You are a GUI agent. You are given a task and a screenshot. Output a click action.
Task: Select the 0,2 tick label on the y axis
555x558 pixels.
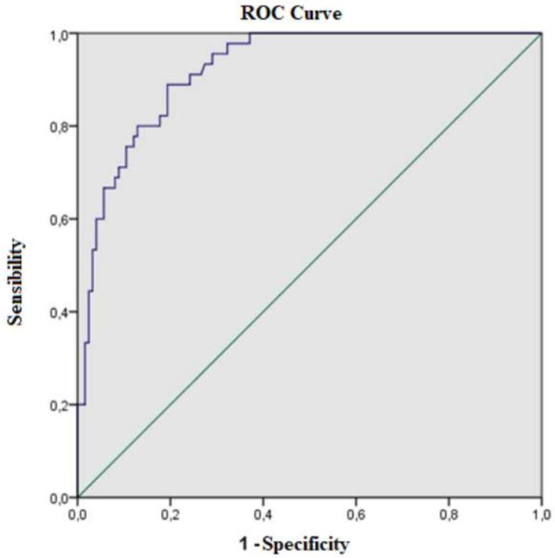(x=60, y=405)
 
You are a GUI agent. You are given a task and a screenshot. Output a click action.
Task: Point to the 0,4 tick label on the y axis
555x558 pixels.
(x=60, y=312)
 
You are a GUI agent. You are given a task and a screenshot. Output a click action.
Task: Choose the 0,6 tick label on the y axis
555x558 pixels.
(x=60, y=219)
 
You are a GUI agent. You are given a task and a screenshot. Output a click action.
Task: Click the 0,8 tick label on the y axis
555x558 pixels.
(x=60, y=126)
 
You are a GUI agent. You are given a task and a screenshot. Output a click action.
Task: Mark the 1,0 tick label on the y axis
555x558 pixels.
(x=60, y=33)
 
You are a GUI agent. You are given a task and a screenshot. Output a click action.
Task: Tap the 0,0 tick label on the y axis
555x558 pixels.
(x=60, y=497)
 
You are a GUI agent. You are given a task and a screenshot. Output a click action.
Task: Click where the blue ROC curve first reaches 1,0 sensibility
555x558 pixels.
(x=250, y=33)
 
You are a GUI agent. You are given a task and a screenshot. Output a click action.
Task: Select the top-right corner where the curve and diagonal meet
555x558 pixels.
(x=541, y=33)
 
